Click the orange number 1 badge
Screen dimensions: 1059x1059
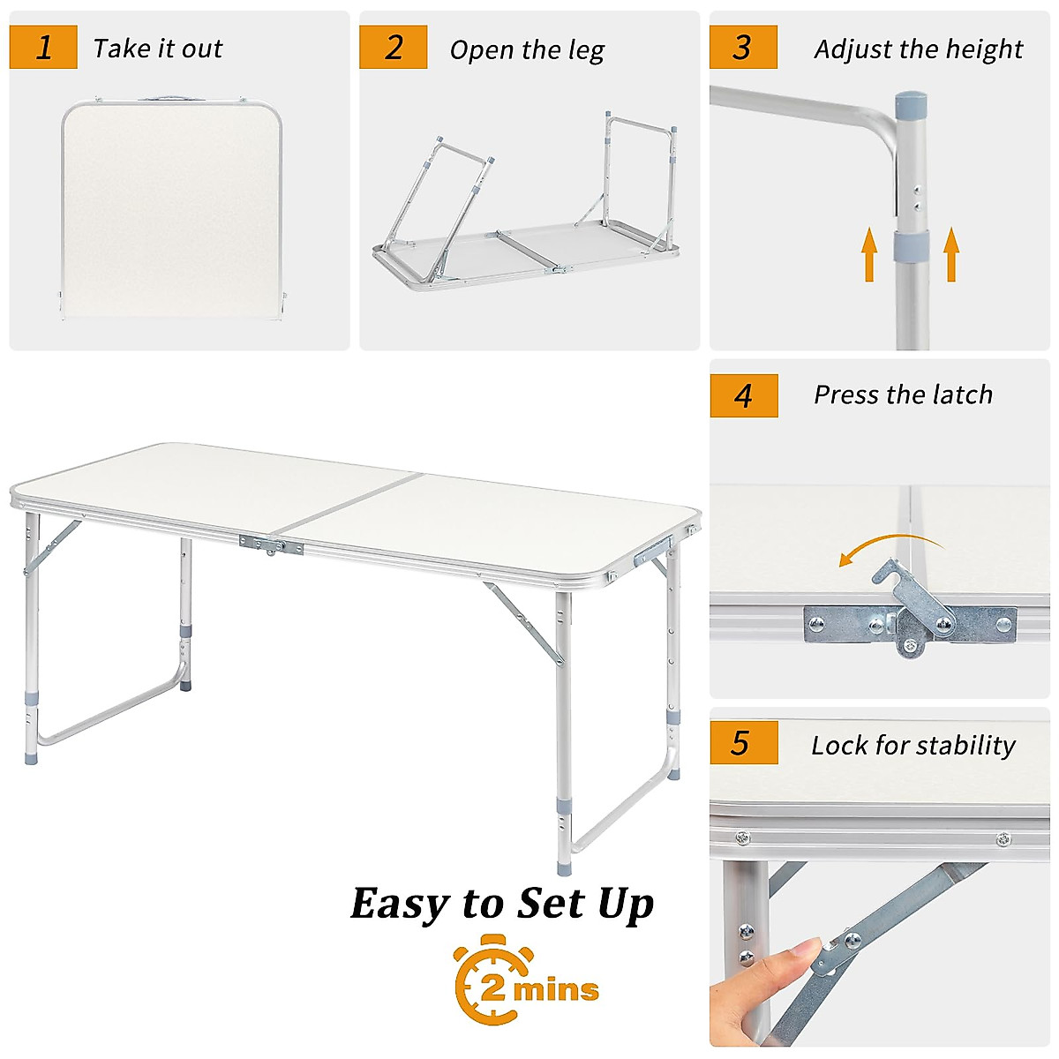43,48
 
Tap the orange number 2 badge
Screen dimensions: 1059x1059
393,48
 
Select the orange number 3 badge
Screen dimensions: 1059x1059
743,48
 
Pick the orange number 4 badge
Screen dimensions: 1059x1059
744,395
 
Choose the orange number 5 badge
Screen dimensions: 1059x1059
743,743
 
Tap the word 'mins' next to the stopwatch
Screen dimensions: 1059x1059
557,990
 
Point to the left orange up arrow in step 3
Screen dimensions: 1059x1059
870,254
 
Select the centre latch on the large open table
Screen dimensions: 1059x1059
270,545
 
